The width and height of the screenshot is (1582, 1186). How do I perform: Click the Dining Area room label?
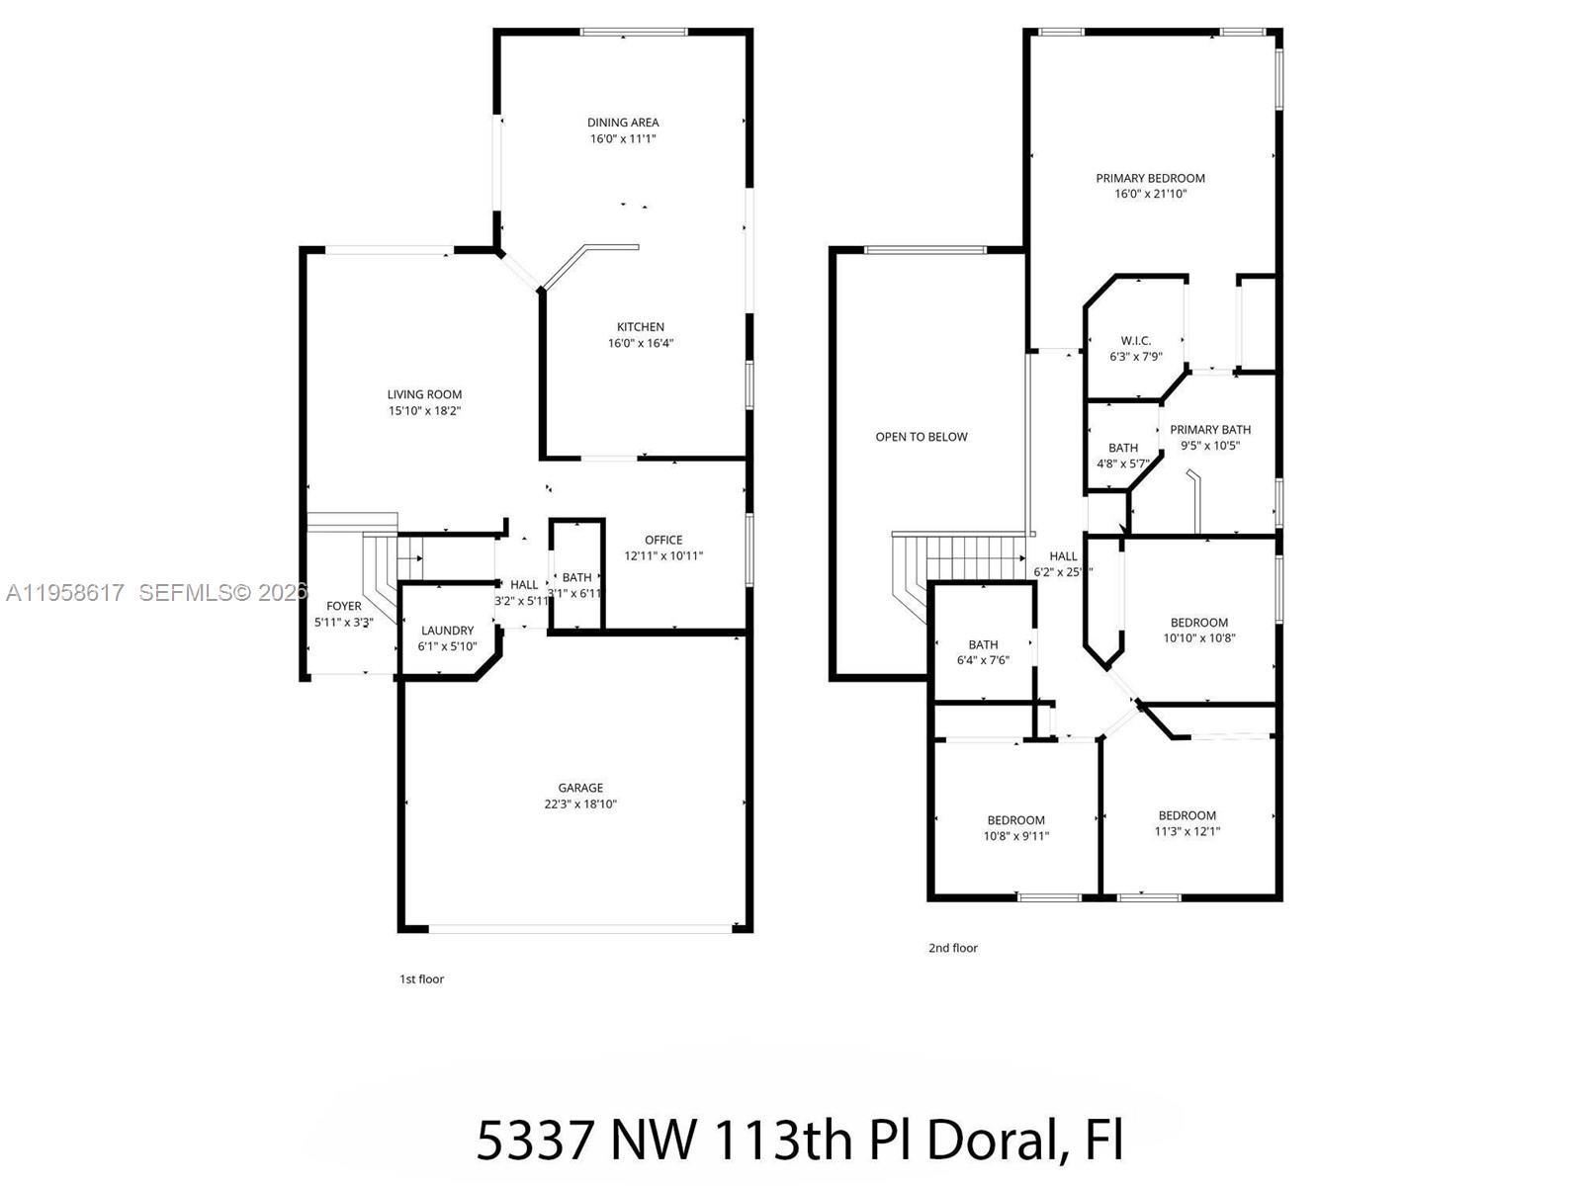[623, 123]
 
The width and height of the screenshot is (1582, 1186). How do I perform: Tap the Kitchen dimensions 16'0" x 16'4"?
[641, 344]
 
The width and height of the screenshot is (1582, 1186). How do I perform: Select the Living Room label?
[424, 394]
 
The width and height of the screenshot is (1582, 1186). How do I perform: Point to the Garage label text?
[580, 788]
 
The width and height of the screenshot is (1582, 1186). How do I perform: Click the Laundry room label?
[447, 631]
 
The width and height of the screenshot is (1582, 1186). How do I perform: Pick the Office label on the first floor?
[663, 540]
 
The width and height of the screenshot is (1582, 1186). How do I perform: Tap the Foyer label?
[344, 606]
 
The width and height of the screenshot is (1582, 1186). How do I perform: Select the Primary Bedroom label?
[1150, 178]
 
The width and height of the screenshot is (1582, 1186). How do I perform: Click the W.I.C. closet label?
[1135, 341]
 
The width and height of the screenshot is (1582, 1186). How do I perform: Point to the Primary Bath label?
[1210, 429]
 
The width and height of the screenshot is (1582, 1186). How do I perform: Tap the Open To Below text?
[922, 437]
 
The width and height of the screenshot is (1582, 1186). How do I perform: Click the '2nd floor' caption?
[952, 948]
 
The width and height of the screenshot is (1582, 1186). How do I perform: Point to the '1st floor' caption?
[421, 979]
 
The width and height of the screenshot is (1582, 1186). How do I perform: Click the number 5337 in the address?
[535, 1141]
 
